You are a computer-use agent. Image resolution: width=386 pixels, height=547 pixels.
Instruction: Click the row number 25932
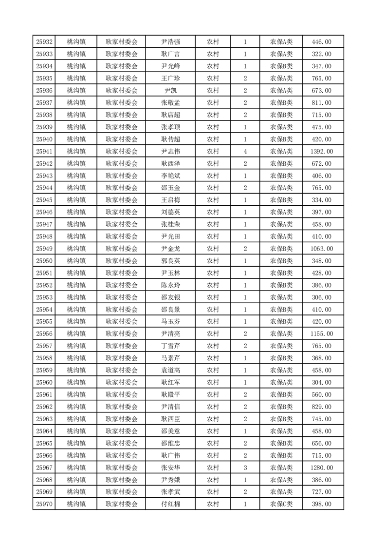point(44,42)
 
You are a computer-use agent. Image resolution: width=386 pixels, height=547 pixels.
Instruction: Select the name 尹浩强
point(170,42)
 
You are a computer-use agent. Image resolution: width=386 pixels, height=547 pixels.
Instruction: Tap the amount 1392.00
point(321,152)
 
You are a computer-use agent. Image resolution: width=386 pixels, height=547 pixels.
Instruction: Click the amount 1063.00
point(321,249)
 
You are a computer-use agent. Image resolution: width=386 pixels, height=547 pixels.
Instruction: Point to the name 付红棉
point(170,504)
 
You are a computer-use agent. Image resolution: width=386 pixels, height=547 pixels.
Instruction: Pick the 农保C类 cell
point(281,504)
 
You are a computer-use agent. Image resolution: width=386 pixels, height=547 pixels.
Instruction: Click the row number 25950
point(44,261)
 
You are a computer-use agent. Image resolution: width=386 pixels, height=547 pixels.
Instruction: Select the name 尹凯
point(170,91)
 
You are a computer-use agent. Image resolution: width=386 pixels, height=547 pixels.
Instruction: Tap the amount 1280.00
point(321,468)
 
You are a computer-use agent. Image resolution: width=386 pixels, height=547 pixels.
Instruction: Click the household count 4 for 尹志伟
point(245,152)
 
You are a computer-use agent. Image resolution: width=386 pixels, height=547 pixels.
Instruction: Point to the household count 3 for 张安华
point(245,468)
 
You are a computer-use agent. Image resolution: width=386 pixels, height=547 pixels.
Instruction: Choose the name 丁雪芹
point(170,346)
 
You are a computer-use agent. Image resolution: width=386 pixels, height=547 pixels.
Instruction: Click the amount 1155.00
point(321,334)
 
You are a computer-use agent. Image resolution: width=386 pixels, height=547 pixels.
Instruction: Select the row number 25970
point(44,504)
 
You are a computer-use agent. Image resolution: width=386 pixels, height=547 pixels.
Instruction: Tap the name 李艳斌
point(170,176)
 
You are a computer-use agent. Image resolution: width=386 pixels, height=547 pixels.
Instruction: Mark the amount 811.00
point(321,103)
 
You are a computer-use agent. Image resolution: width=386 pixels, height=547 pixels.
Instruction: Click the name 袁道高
point(170,371)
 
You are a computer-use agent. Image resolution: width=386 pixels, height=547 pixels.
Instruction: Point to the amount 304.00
point(321,383)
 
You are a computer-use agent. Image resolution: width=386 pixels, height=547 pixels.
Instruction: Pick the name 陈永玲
point(170,285)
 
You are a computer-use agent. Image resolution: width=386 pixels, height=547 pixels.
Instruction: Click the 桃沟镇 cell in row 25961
point(76,395)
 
